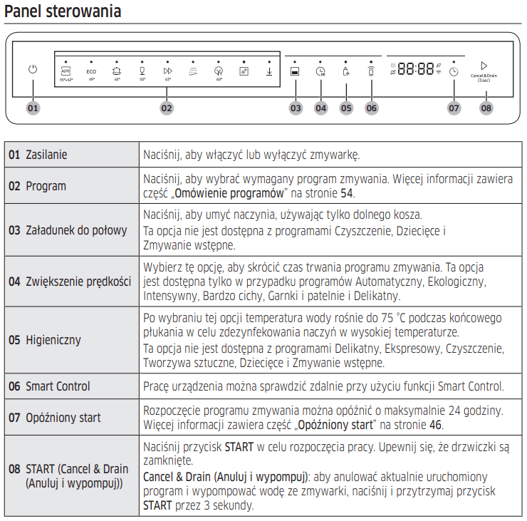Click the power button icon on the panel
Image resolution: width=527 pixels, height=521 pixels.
click(33, 70)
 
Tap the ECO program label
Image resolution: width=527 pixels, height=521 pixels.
click(91, 71)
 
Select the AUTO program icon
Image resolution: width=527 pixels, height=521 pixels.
click(66, 71)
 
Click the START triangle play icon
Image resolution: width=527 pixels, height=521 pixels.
click(484, 66)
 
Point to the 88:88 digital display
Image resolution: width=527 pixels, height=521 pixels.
click(416, 69)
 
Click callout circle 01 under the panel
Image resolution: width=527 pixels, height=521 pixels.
click(33, 108)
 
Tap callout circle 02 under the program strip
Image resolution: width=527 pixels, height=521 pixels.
click(167, 108)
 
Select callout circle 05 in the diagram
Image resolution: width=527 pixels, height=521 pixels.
click(346, 108)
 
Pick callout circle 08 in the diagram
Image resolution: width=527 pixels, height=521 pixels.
click(485, 108)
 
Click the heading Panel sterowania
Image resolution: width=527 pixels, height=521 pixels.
click(63, 12)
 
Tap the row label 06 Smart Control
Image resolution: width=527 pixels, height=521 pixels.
click(49, 386)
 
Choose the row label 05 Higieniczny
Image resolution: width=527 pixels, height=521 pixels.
click(44, 340)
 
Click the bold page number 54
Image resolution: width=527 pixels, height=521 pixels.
click(347, 193)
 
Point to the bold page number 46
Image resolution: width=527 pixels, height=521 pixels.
click(435, 425)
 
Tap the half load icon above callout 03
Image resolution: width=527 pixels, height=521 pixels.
click(295, 71)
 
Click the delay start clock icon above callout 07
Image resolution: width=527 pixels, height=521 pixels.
click(454, 71)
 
